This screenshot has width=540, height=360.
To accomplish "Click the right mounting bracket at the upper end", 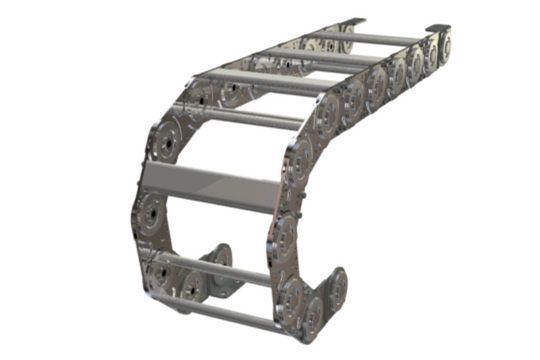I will (440, 27).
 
